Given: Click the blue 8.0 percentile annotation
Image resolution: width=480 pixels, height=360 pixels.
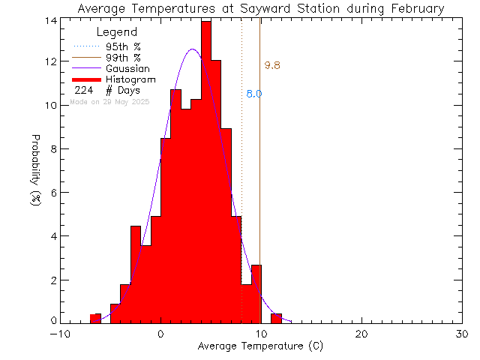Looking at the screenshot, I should point(253,94).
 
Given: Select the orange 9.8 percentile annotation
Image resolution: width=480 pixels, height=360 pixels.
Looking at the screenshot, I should point(272,66).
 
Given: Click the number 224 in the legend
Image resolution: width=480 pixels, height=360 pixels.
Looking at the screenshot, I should point(82,90).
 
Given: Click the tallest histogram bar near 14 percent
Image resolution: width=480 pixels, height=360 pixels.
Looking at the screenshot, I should point(206,172).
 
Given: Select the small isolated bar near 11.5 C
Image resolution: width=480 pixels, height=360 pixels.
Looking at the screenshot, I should point(276,318).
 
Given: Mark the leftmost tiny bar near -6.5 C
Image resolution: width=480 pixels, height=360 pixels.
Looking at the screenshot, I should point(95,319).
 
